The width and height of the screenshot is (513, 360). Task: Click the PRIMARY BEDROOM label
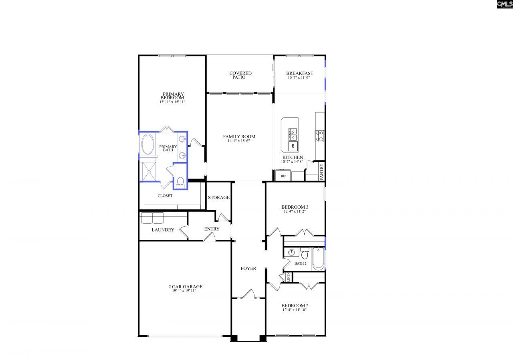(173, 96)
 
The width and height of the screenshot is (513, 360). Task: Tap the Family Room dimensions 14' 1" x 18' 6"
(239, 141)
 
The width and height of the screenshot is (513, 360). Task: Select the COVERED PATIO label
(240, 75)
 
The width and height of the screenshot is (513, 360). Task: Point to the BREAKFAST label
(299, 73)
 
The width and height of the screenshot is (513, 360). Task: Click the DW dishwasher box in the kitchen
(293, 146)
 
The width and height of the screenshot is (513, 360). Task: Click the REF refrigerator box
(283, 176)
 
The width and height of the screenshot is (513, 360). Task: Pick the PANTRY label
(321, 171)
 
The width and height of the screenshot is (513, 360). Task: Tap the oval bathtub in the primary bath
(147, 145)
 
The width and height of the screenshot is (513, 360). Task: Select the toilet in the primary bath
(180, 183)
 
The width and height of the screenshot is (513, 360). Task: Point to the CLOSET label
(165, 196)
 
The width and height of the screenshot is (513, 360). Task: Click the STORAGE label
(218, 197)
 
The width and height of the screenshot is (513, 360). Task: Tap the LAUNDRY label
(163, 230)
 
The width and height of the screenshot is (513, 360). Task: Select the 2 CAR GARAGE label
(185, 287)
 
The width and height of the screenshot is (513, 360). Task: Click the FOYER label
(248, 268)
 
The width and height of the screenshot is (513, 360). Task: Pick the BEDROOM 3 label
(295, 207)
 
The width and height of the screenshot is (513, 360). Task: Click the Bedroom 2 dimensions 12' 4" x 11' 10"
(295, 310)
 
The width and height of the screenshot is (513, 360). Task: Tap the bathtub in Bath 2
(318, 259)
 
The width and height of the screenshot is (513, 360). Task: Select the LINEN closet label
(288, 277)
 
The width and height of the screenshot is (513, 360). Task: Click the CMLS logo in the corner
(505, 4)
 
